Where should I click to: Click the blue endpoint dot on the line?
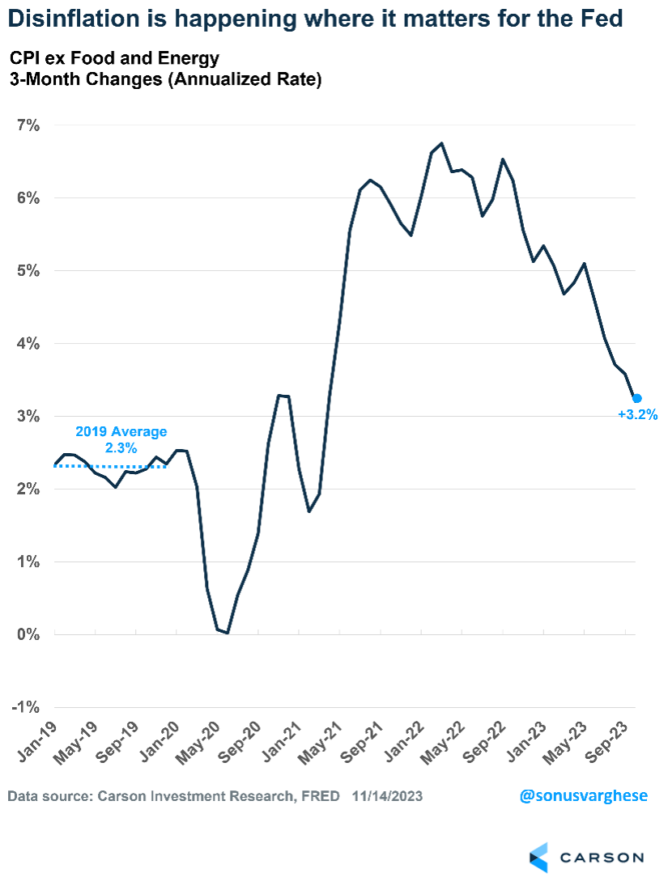pyautogui.click(x=636, y=398)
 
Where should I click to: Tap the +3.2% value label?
pyautogui.click(x=637, y=415)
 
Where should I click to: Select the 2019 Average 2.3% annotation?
pyautogui.click(x=121, y=439)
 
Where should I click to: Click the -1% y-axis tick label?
pyautogui.click(x=24, y=707)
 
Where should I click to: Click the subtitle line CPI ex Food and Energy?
pyautogui.click(x=113, y=58)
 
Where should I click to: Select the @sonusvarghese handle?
pyautogui.click(x=583, y=795)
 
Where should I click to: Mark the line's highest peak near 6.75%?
pyautogui.click(x=441, y=143)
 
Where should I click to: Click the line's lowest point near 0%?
pyautogui.click(x=228, y=633)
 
